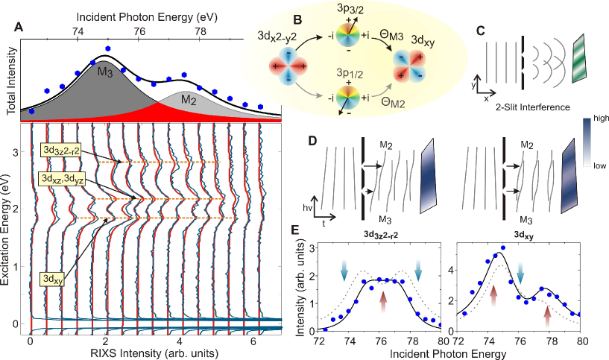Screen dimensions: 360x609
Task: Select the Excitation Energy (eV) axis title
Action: [10, 224]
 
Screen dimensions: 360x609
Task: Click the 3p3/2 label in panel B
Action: [349, 12]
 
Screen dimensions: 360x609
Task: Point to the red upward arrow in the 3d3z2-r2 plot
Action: [383, 299]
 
